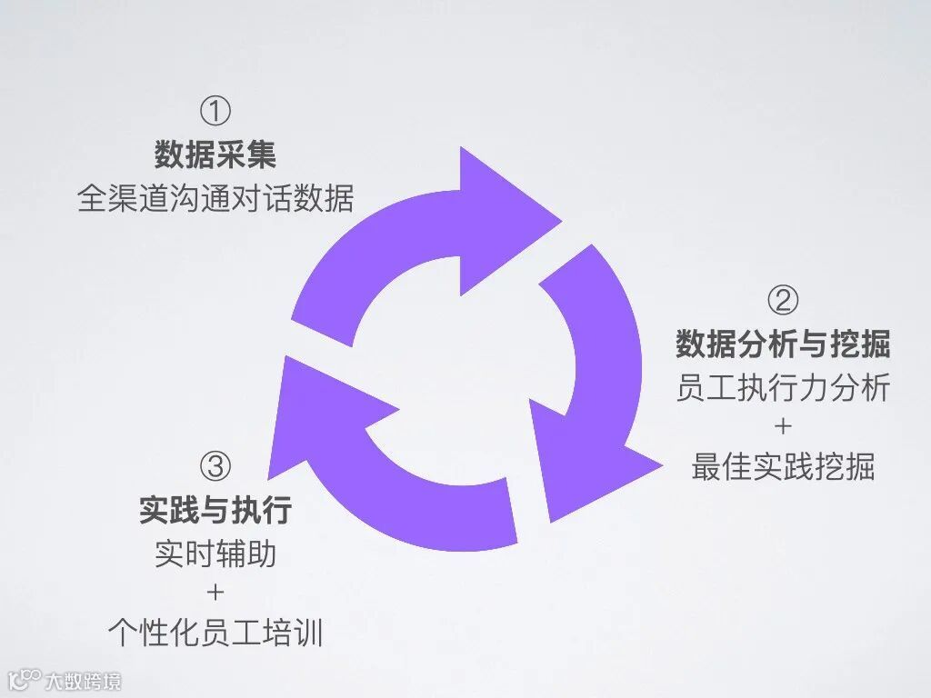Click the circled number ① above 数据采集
click(215, 113)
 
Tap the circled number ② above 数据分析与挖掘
click(783, 301)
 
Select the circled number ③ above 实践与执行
click(215, 467)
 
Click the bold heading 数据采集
click(215, 155)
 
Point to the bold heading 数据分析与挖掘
click(783, 344)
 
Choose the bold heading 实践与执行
click(215, 510)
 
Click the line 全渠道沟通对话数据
click(215, 198)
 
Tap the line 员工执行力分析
click(783, 387)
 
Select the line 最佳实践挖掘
click(783, 467)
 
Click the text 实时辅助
click(215, 553)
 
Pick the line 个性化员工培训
click(215, 632)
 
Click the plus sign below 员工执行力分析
click(783, 427)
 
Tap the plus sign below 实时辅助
click(215, 593)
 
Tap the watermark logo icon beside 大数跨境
click(25, 679)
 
